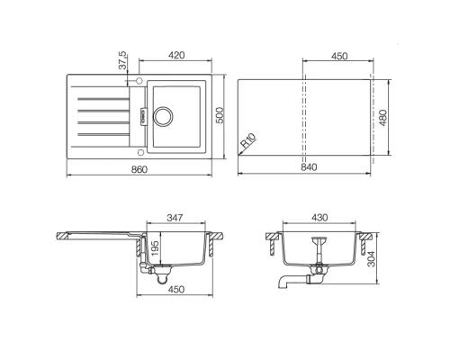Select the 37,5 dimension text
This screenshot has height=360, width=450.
click(125, 65)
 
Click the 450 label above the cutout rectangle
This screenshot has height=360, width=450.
click(338, 56)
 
